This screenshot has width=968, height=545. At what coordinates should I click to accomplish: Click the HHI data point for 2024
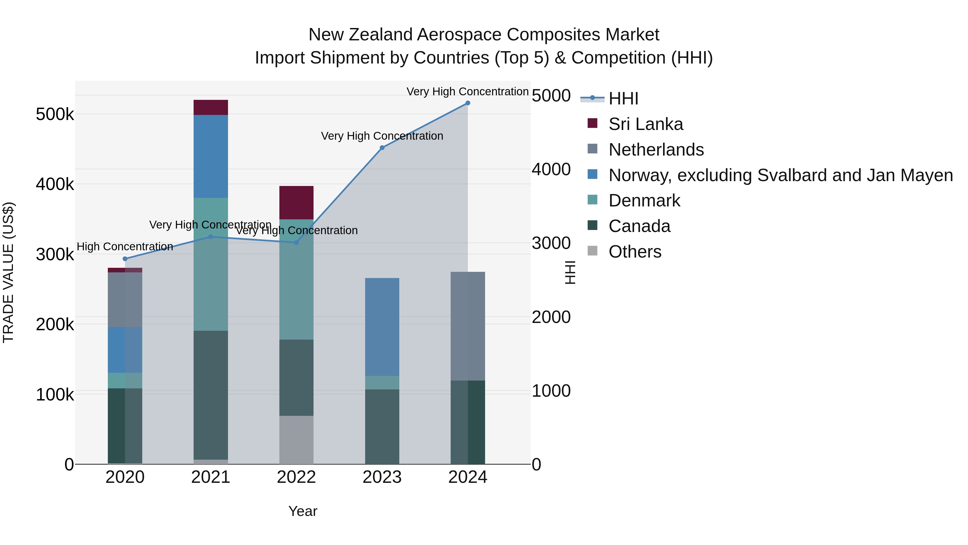click(x=468, y=103)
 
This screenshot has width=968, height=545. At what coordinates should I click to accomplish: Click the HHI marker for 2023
click(x=382, y=148)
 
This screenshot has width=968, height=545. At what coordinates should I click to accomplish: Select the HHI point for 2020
click(x=125, y=259)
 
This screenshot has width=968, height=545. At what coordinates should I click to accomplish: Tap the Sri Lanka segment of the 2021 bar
click(x=211, y=108)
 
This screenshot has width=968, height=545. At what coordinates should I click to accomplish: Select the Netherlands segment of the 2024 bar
click(x=468, y=326)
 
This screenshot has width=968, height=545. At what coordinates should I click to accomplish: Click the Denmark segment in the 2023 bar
click(x=382, y=382)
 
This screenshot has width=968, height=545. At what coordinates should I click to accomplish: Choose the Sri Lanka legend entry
click(x=645, y=124)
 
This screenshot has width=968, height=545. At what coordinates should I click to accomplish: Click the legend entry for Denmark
click(x=644, y=201)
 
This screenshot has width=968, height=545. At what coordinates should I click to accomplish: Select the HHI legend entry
click(x=623, y=99)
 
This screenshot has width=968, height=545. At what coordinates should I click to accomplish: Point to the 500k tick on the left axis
click(x=55, y=114)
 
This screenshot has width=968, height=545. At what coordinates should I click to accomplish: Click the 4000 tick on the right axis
click(x=551, y=169)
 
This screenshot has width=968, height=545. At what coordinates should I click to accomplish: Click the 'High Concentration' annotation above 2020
click(x=125, y=247)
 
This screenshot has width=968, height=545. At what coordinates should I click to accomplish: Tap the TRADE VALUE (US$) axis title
click(x=9, y=272)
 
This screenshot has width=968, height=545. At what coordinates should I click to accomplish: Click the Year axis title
click(x=302, y=511)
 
